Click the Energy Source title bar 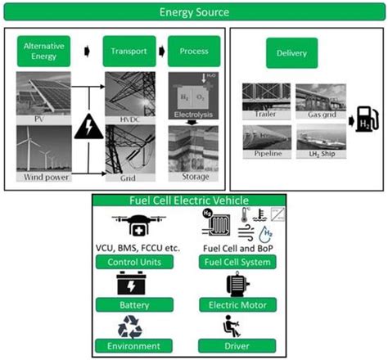point(194,13)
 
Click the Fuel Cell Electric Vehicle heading point(194,201)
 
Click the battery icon point(133,284)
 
